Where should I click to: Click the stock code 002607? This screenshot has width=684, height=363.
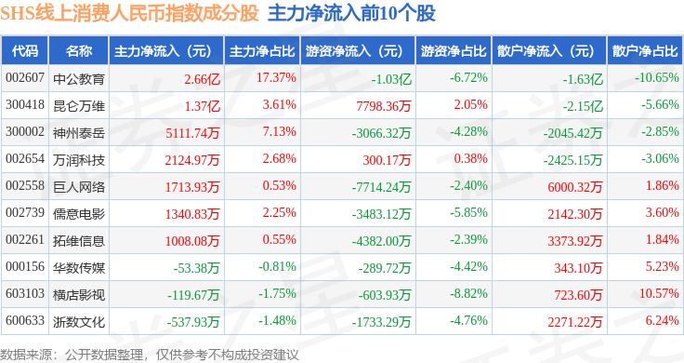click(x=25, y=78)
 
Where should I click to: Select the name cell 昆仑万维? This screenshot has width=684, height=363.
click(x=79, y=106)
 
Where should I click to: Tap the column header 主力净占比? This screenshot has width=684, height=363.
click(x=262, y=51)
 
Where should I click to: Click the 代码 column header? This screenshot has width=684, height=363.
click(x=25, y=51)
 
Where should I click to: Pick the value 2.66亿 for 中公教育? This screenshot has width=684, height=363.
click(x=202, y=79)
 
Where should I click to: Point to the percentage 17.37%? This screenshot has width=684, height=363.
click(x=276, y=78)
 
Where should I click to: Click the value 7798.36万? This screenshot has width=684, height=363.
click(x=384, y=106)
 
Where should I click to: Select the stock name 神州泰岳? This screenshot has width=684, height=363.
click(x=79, y=133)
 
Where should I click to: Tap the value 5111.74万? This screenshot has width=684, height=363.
click(x=192, y=133)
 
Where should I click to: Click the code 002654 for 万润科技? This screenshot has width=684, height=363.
click(x=25, y=158)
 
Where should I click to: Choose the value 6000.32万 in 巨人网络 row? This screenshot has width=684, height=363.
click(x=575, y=187)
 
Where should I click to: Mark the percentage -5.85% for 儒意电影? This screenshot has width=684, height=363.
click(x=468, y=213)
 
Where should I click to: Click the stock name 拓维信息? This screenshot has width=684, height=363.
click(x=79, y=241)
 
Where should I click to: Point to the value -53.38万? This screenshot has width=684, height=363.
click(x=196, y=268)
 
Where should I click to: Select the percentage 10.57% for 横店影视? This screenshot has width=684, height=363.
click(x=659, y=293)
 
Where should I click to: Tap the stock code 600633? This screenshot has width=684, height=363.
click(x=25, y=320)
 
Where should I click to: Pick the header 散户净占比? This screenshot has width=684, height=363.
click(x=645, y=51)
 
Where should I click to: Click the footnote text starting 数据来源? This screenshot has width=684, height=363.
click(x=150, y=355)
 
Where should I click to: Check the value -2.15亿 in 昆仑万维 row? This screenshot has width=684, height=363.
click(x=583, y=106)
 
